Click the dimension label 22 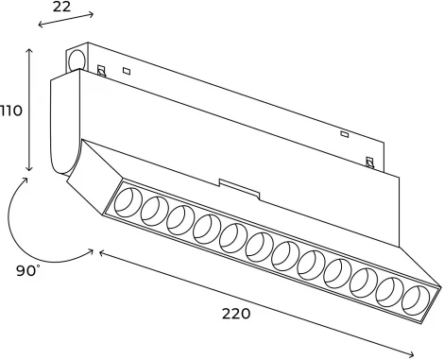point(60,6)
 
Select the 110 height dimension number point(11,111)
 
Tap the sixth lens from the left point(259,247)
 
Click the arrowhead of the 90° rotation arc point(91,250)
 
